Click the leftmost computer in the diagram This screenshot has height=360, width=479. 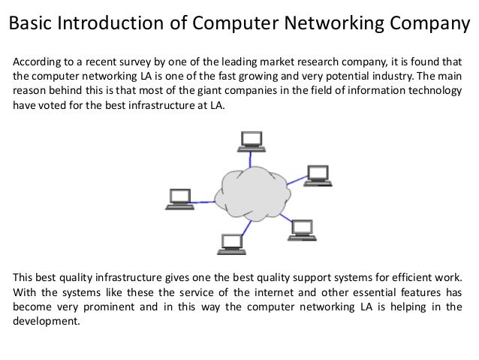(180, 198)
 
